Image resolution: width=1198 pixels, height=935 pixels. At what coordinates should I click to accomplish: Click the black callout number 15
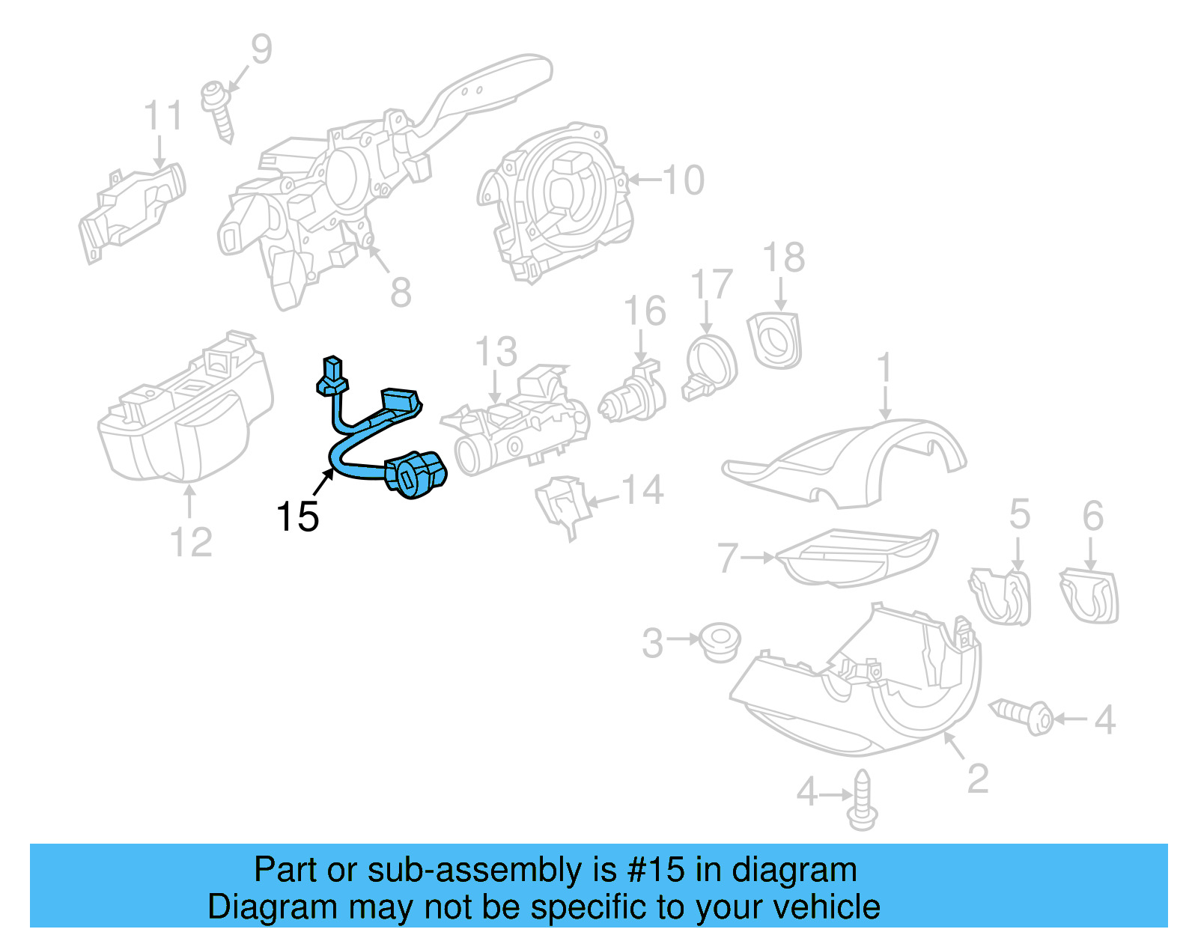[297, 517]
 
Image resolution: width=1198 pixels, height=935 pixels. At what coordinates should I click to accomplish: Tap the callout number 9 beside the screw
[261, 49]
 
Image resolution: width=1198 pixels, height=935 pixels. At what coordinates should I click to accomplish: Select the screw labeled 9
[219, 111]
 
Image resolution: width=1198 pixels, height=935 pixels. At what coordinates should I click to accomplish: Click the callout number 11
[162, 117]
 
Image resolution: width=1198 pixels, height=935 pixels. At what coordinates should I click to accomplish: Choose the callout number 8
[401, 292]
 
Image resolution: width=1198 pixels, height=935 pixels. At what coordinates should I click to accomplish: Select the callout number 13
[496, 352]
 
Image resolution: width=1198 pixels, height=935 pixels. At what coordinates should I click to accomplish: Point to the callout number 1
[885, 368]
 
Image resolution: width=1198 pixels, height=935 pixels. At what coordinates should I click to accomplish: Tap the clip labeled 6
[1089, 596]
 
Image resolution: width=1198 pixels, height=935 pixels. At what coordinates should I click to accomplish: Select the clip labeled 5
[1002, 596]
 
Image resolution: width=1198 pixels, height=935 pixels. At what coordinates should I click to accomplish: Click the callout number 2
[977, 779]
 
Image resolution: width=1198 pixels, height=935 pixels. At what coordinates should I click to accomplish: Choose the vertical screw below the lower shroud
[863, 801]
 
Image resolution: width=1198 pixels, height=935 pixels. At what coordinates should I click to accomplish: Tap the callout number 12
[191, 542]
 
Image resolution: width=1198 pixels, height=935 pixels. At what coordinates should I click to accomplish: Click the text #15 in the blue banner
[655, 870]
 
